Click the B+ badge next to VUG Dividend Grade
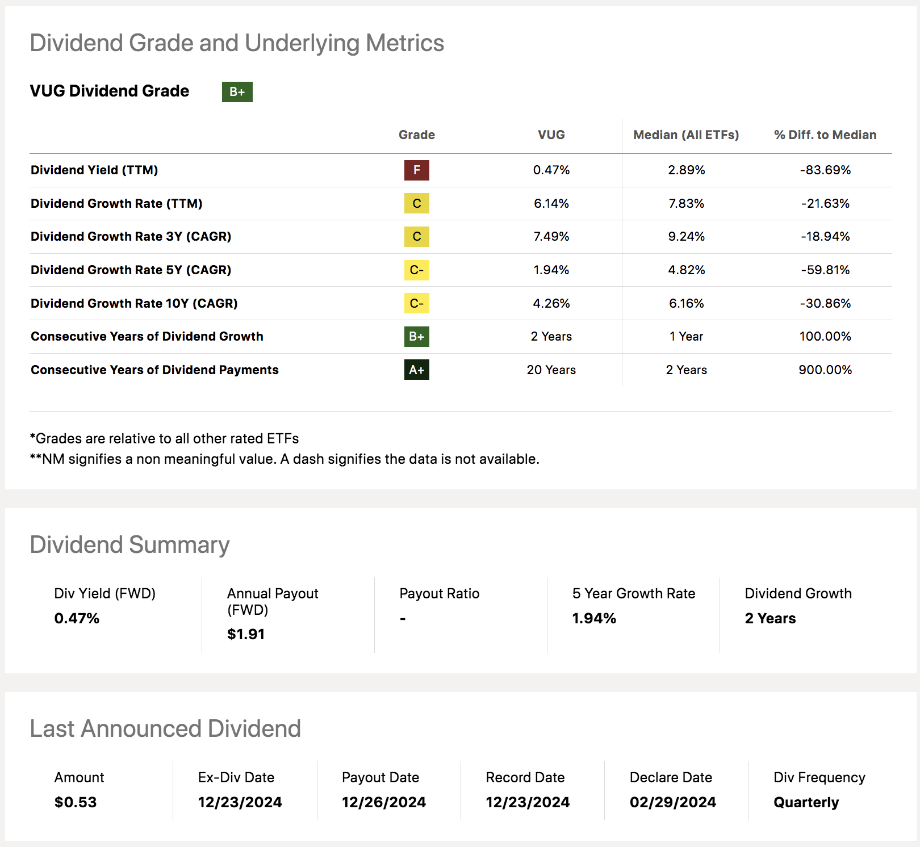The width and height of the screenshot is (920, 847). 237,92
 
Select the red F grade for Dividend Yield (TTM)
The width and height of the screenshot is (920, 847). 416,170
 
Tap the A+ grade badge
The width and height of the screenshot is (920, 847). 416,370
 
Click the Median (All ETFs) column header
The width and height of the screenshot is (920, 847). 686,135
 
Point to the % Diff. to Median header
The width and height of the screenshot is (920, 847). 825,135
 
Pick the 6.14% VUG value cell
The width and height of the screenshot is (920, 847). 551,204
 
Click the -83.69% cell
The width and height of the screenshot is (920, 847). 825,170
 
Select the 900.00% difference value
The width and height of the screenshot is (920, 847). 825,370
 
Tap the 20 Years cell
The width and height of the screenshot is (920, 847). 551,370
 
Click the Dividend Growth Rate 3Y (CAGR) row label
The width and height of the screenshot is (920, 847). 131,237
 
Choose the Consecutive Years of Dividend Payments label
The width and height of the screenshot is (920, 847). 154,370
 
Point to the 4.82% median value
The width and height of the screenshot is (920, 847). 686,270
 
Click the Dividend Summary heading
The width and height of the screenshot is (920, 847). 129,545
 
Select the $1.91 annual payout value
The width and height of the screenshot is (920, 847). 246,635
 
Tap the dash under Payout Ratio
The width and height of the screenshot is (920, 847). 403,619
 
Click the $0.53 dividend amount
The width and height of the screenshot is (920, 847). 76,803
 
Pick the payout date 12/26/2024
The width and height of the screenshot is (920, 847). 383,803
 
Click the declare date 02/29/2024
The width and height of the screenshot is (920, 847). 672,803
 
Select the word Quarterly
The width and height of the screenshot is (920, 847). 806,803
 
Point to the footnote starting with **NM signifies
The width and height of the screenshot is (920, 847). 284,459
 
